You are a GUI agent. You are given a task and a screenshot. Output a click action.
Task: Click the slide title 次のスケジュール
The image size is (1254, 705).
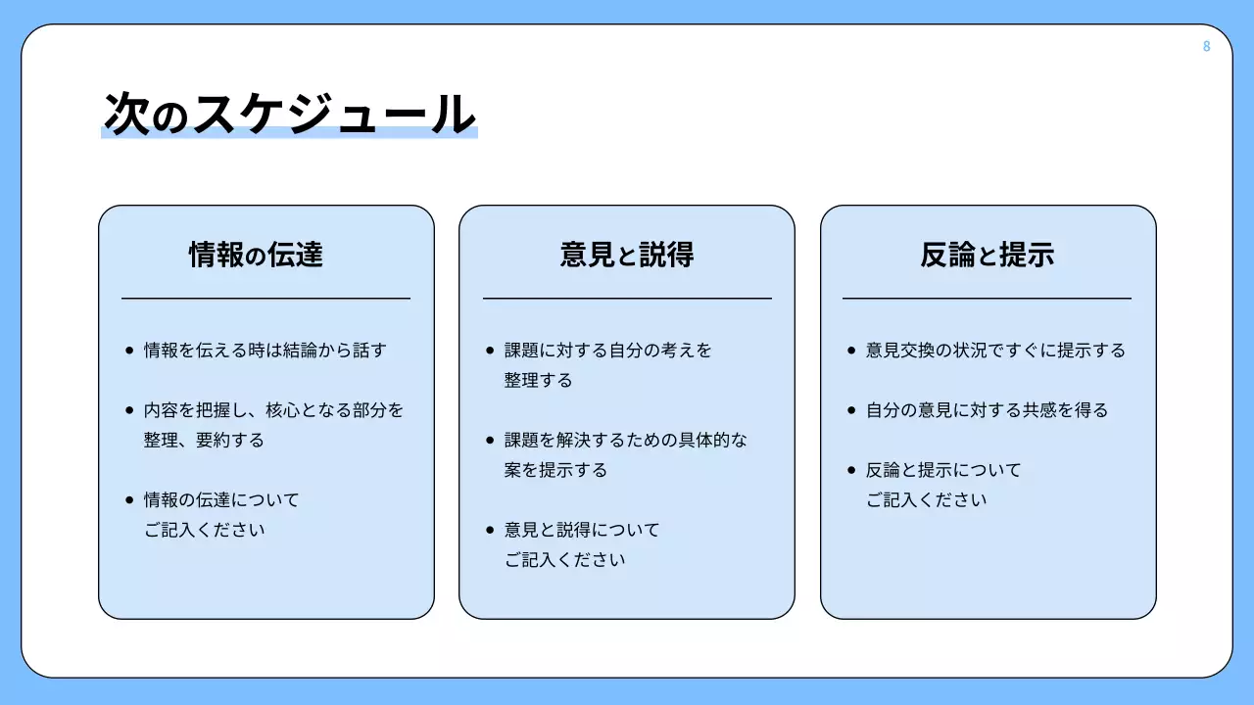289,115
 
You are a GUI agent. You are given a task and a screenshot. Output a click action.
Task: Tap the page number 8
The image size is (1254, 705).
1206,46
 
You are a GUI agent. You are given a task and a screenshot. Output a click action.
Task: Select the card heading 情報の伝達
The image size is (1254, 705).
256,256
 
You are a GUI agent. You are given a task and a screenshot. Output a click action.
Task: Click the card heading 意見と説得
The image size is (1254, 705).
627,256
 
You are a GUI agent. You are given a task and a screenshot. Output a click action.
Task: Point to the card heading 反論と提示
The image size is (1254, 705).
988,256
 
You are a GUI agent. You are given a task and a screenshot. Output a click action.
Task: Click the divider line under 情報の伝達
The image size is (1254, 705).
265,298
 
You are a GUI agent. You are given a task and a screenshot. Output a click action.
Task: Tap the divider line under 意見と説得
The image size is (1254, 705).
627,298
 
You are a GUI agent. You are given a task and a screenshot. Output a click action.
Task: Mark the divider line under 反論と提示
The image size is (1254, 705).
987,298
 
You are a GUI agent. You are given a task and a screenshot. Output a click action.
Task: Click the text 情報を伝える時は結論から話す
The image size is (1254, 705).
265,351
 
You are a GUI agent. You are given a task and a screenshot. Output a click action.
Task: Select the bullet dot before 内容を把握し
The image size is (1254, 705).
129,410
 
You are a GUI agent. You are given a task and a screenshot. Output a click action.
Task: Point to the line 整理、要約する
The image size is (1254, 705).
204,441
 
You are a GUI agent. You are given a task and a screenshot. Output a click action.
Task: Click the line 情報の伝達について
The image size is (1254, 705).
221,500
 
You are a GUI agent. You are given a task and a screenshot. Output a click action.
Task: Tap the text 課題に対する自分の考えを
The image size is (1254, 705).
608,351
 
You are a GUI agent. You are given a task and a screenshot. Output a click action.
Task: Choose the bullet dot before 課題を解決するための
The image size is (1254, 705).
491,441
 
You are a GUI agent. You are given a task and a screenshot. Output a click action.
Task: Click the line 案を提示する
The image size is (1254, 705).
555,471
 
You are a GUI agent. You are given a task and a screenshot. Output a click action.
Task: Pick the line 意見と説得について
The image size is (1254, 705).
582,531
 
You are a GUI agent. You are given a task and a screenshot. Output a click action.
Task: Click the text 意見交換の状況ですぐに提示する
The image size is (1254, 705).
995,351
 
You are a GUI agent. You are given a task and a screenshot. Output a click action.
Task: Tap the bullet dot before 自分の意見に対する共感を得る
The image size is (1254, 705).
851,410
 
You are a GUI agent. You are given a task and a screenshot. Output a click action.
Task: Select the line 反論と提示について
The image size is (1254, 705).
943,471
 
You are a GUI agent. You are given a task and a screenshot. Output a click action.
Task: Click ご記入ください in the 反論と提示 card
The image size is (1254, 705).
926,500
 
